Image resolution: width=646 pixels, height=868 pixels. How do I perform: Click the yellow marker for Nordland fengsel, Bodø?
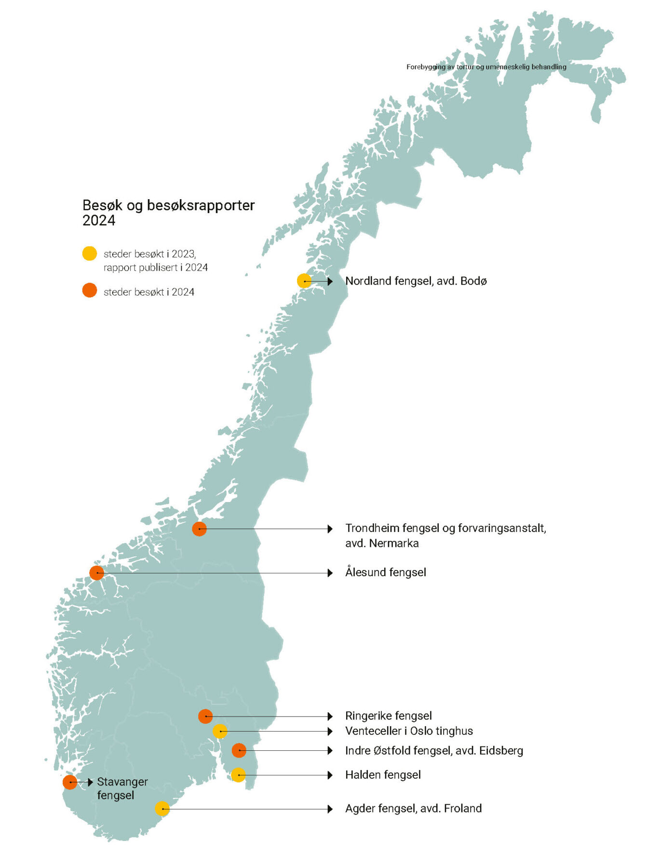(x=304, y=281)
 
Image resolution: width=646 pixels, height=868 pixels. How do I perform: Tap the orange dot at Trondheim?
(x=199, y=529)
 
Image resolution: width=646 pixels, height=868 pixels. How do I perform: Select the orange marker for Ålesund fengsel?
(x=97, y=573)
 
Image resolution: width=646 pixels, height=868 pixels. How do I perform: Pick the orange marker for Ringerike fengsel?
(x=205, y=716)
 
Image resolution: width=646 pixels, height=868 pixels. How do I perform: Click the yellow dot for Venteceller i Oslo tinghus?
(x=220, y=731)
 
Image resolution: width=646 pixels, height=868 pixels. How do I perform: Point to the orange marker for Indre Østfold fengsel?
(x=239, y=750)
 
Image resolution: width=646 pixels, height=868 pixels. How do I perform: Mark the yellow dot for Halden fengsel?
(x=238, y=775)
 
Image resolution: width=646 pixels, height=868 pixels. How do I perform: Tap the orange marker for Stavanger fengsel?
(x=70, y=782)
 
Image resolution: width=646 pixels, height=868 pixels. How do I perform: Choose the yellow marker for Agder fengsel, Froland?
(x=162, y=809)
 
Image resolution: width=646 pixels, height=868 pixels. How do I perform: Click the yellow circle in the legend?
(x=90, y=254)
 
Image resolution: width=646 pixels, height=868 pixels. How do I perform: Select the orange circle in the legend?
(x=90, y=291)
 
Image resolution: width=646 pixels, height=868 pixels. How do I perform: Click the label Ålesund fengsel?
(x=386, y=572)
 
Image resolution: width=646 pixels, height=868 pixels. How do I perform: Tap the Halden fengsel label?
(x=383, y=775)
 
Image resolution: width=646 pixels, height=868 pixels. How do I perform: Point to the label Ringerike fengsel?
(x=388, y=716)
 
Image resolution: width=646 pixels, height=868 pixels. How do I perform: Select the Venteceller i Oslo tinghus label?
(x=409, y=731)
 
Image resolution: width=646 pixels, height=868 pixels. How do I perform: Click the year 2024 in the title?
(x=99, y=221)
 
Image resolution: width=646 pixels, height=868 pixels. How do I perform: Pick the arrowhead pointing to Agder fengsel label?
(x=330, y=809)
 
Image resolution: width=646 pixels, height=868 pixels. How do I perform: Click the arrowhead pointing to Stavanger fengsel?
(x=90, y=782)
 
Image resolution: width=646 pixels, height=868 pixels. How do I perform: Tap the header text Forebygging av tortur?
(x=486, y=67)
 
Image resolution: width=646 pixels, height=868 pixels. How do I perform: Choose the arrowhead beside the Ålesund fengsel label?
(x=330, y=573)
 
